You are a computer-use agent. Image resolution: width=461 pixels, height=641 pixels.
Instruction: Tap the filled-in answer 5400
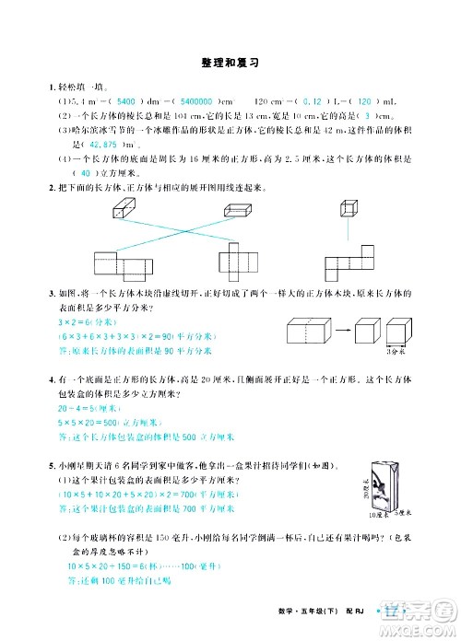[127, 99]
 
